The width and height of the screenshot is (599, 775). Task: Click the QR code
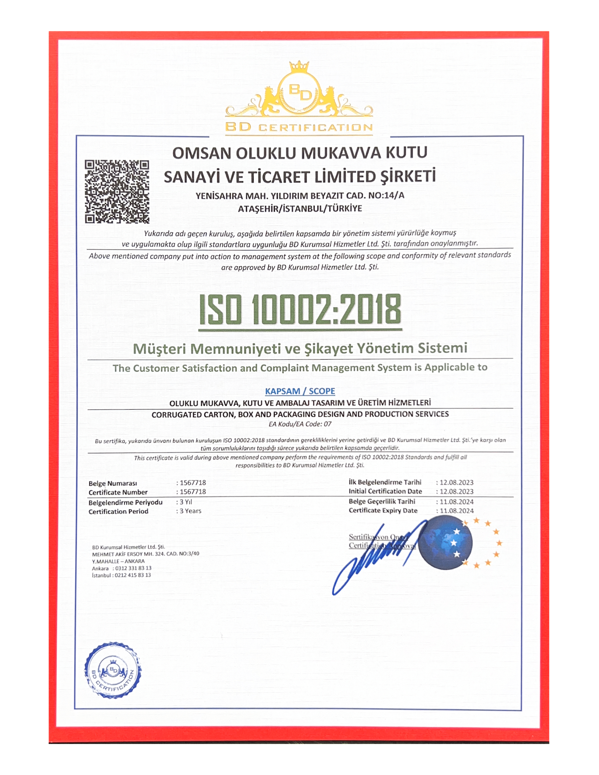(117, 192)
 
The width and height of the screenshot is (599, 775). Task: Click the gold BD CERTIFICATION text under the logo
(299, 128)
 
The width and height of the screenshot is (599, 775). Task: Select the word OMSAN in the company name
(201, 154)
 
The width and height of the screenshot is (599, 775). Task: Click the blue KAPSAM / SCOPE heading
(300, 391)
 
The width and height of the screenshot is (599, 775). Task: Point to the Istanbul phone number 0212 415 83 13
(133, 575)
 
